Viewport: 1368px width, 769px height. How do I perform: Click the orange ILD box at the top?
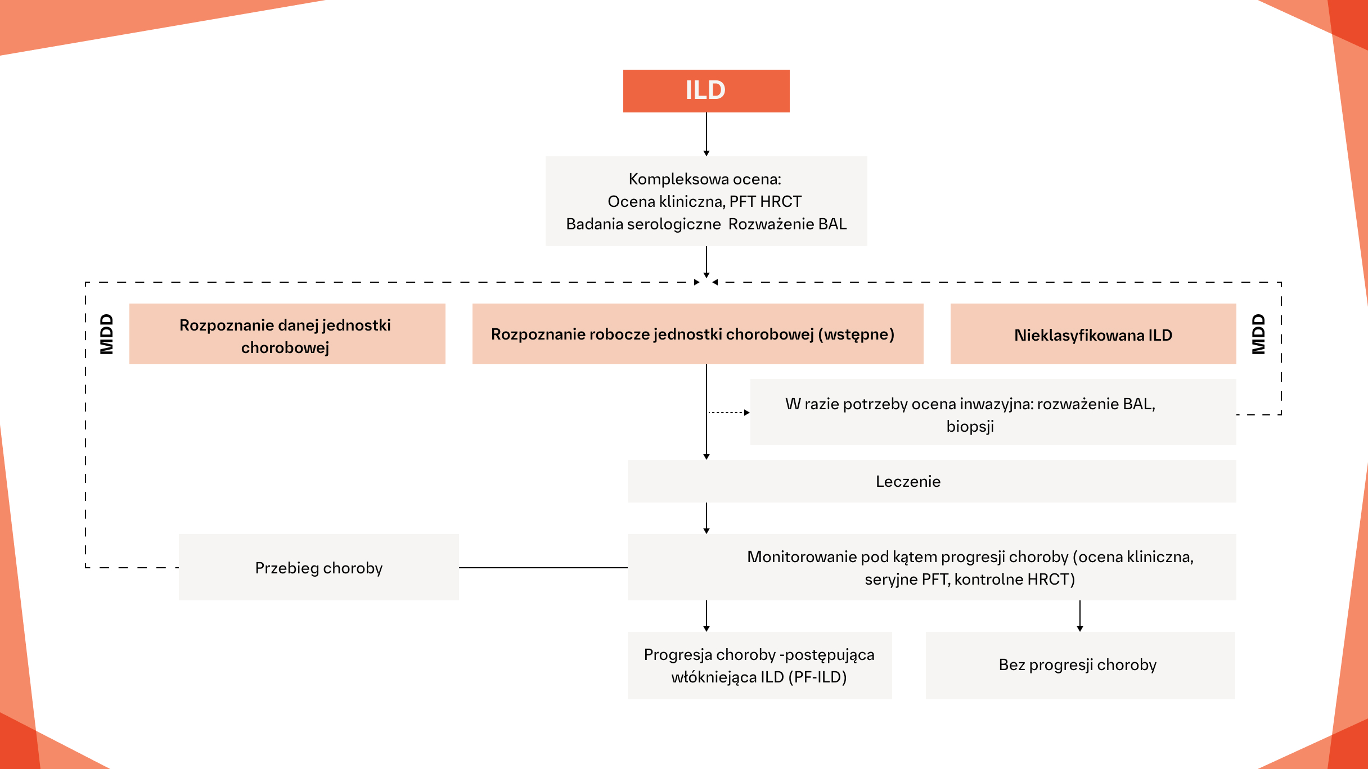[x=706, y=91]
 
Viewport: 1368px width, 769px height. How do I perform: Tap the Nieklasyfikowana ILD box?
[x=1092, y=335]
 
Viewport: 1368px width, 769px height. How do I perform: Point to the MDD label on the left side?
[x=107, y=334]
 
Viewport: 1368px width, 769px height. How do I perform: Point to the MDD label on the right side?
[x=1258, y=334]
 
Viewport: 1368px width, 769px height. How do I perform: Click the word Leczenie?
[x=908, y=482]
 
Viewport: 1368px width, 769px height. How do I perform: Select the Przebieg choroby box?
[x=318, y=568]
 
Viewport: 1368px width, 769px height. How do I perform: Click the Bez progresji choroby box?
[x=1077, y=665]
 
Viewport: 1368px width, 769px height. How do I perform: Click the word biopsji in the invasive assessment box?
[x=970, y=427]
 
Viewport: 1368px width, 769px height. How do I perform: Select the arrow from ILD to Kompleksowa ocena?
[x=706, y=134]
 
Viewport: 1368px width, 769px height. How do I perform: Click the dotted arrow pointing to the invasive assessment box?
[x=729, y=413]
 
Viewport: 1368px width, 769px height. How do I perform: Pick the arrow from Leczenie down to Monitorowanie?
[x=706, y=518]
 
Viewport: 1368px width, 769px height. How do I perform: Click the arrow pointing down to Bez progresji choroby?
[x=1080, y=616]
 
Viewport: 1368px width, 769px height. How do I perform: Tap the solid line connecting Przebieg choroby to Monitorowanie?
[x=543, y=568]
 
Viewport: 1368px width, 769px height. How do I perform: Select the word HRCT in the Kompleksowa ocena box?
[x=780, y=202]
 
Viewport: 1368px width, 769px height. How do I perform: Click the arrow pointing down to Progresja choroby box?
[x=706, y=616]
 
